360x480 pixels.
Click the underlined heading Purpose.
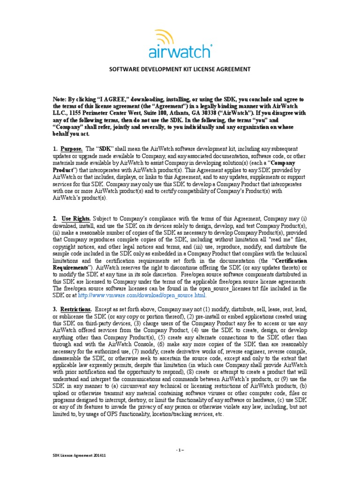coord(72,149)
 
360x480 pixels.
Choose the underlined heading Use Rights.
coord(75,219)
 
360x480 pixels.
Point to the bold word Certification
coord(291,261)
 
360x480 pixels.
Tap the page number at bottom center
coord(180,450)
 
